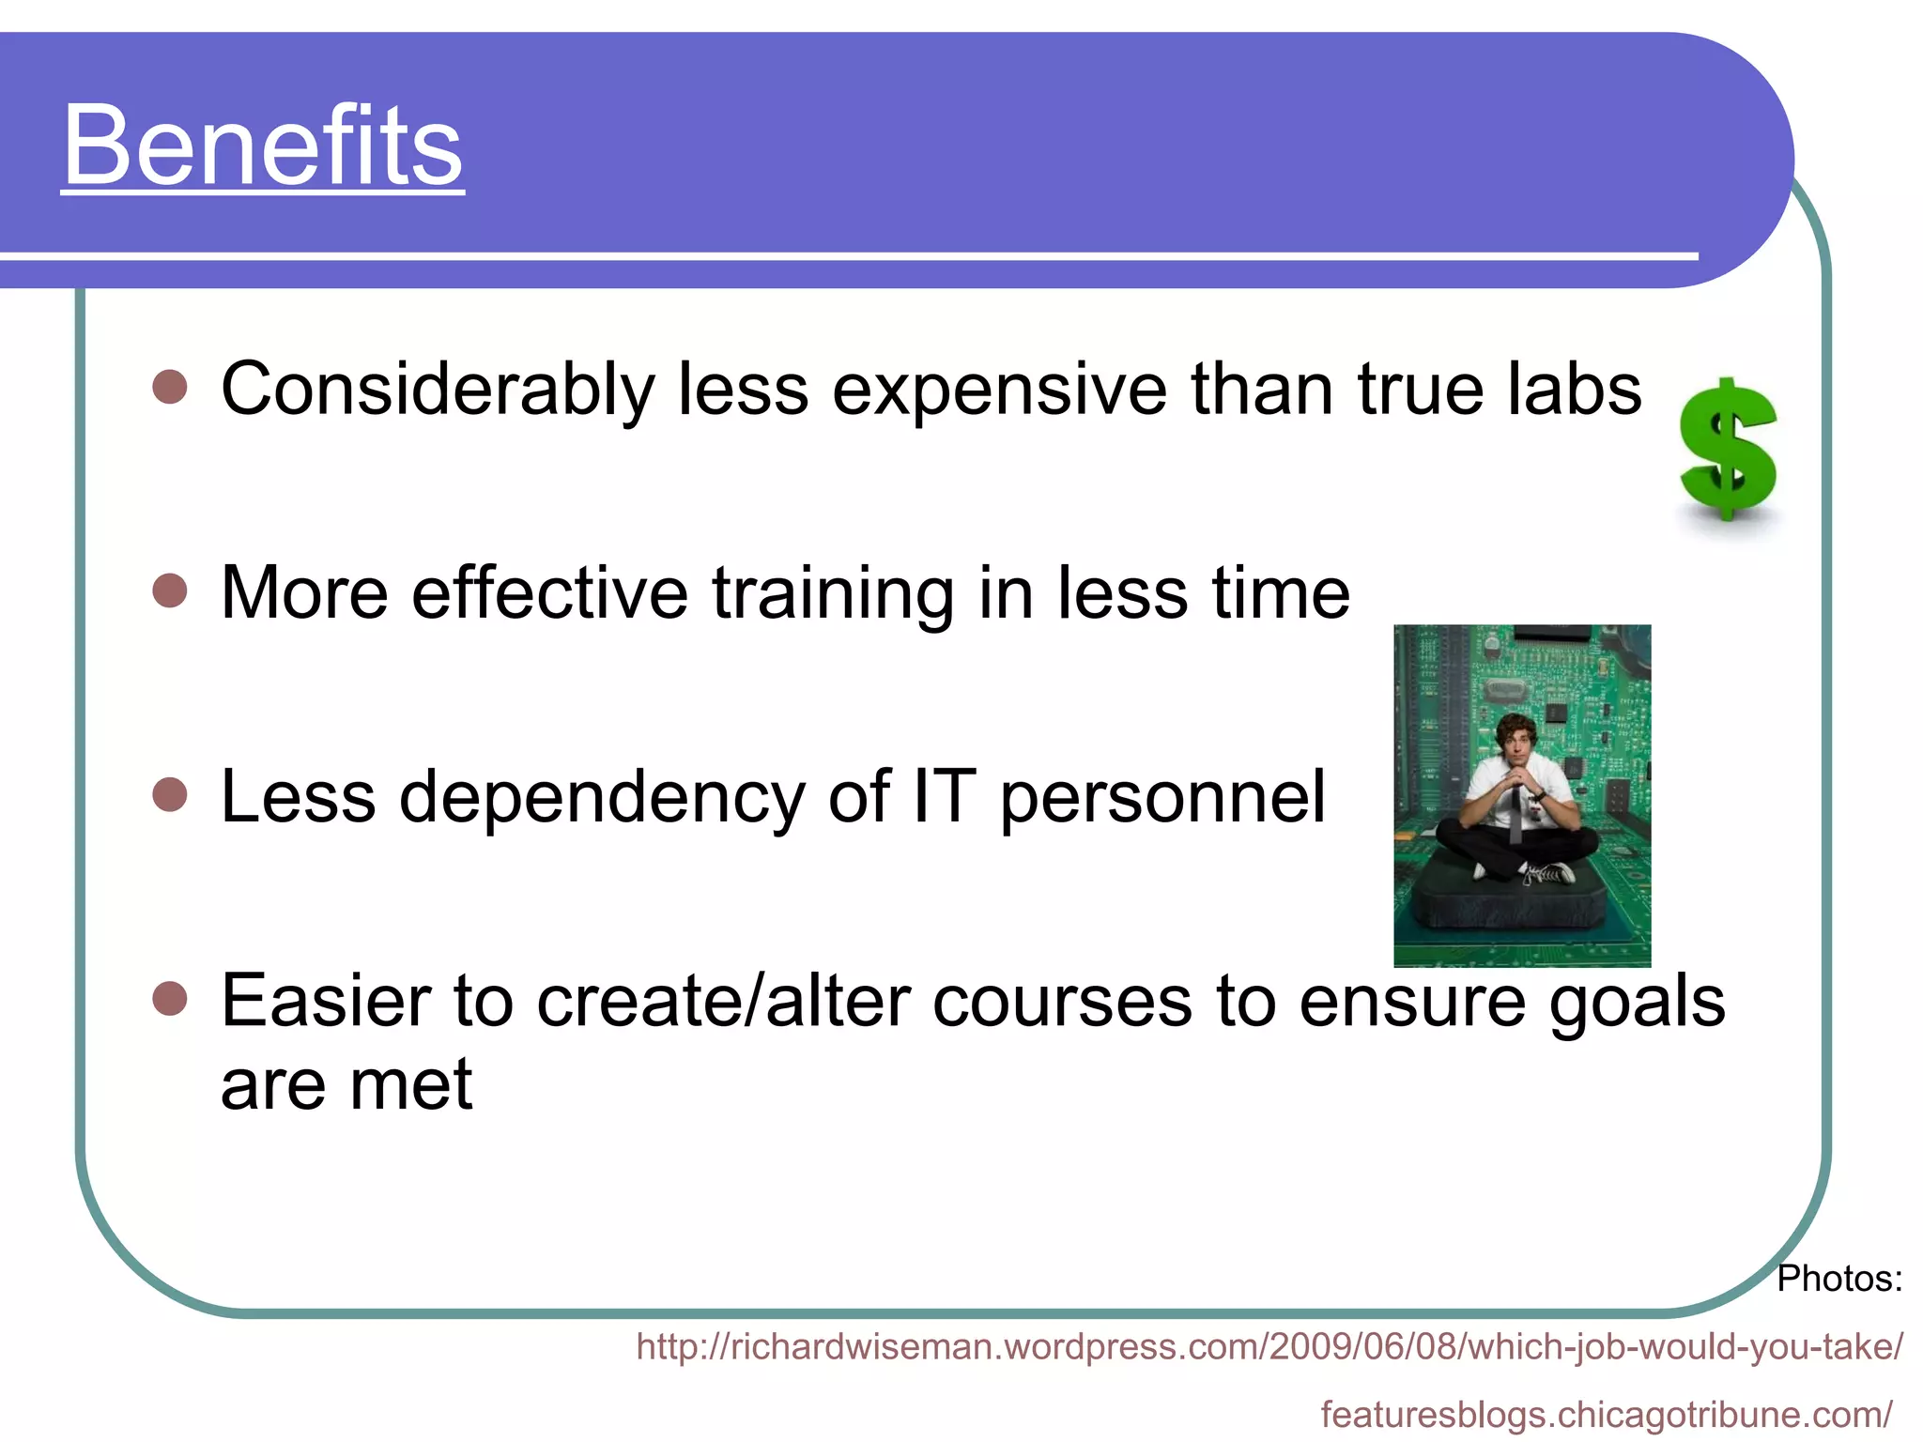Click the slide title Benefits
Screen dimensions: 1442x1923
[x=263, y=146]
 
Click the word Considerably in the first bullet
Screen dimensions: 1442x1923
[x=438, y=389]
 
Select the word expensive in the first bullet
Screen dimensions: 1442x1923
[x=999, y=391]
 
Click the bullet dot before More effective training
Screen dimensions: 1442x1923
[x=170, y=591]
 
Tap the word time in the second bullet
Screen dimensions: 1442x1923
[x=1281, y=593]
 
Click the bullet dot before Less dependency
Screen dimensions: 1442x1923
[x=170, y=795]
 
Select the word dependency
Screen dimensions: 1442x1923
[x=602, y=798]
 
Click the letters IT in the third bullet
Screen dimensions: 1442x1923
[x=944, y=796]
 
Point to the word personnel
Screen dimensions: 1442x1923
[x=1162, y=798]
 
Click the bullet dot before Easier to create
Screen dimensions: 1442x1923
[x=170, y=1000]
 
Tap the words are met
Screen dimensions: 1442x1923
[x=346, y=1084]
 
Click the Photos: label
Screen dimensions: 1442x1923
[x=1838, y=1279]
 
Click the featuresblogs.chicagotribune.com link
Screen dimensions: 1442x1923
[x=1606, y=1414]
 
